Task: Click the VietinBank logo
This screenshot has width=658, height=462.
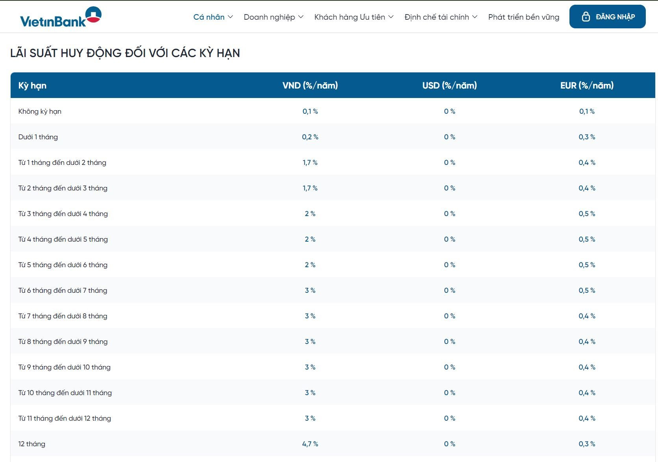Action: pyautogui.click(x=61, y=17)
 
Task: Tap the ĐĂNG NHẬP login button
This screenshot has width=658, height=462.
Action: pyautogui.click(x=607, y=17)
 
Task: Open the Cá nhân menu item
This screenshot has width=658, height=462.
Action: pyautogui.click(x=213, y=17)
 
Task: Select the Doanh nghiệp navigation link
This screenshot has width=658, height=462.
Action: pyautogui.click(x=274, y=17)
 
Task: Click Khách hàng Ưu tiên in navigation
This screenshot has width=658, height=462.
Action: pyautogui.click(x=354, y=17)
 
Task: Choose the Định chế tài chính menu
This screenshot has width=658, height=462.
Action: pyautogui.click(x=441, y=17)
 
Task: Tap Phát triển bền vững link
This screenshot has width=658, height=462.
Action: pyautogui.click(x=523, y=17)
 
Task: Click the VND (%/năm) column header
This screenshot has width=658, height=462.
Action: pyautogui.click(x=310, y=85)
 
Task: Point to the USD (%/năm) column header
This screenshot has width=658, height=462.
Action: pyautogui.click(x=449, y=85)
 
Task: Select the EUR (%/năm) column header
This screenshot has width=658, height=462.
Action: pyautogui.click(x=587, y=85)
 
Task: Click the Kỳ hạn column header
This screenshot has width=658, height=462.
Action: pyautogui.click(x=32, y=85)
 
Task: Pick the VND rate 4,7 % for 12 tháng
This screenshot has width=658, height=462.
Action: pyautogui.click(x=310, y=444)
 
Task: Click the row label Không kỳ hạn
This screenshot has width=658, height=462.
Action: pyautogui.click(x=40, y=111)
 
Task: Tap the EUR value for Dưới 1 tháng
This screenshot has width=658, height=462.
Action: pyautogui.click(x=587, y=137)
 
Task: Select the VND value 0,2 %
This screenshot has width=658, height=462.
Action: pyautogui.click(x=310, y=137)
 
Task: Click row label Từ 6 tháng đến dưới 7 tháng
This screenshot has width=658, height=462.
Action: pyautogui.click(x=63, y=290)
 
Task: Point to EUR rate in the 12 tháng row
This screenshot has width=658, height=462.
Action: pyautogui.click(x=587, y=444)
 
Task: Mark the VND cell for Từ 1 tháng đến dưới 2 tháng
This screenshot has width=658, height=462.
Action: pyautogui.click(x=310, y=163)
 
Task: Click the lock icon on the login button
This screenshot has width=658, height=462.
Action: pyautogui.click(x=586, y=17)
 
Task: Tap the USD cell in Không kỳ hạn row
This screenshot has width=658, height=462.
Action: pyautogui.click(x=449, y=111)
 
